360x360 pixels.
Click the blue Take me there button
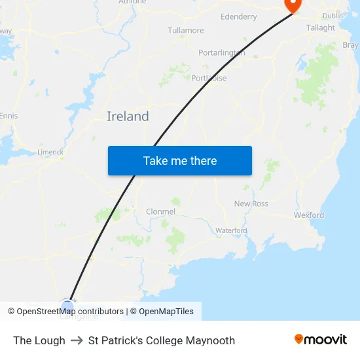tap(179, 160)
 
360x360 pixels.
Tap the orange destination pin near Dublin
tap(292, 5)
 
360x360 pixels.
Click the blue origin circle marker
tap(68, 305)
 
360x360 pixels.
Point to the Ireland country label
tap(128, 117)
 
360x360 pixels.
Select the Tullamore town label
tap(186, 30)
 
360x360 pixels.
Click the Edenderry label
tap(239, 16)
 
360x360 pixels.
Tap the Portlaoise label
tap(209, 78)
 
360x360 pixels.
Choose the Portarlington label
tap(222, 52)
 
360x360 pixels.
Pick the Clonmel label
tap(161, 211)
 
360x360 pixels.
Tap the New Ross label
tap(251, 204)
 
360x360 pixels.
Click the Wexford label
tap(309, 215)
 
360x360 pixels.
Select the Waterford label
tap(231, 230)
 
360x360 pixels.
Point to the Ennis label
tap(9, 116)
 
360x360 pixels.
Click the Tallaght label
tap(321, 27)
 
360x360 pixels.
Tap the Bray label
tap(351, 45)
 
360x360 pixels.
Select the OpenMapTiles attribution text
tap(162, 312)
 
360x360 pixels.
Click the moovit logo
tap(321, 340)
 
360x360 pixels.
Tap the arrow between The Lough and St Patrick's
tap(77, 340)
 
